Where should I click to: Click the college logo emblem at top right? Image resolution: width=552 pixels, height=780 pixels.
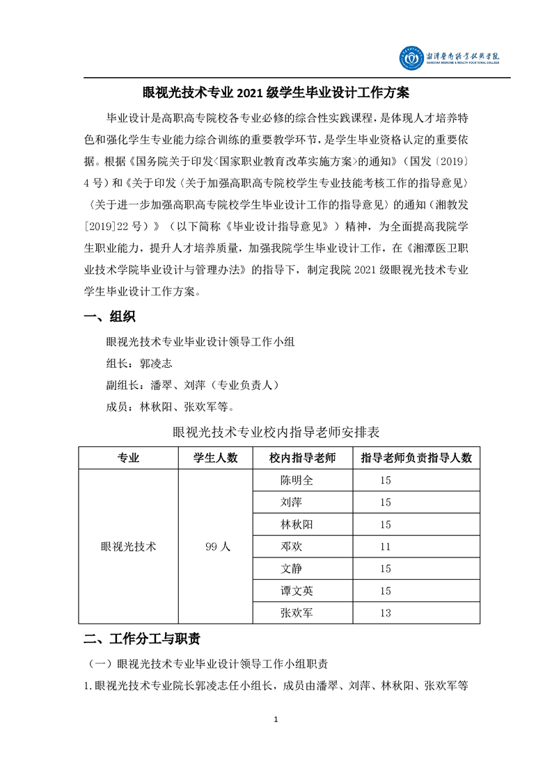411,58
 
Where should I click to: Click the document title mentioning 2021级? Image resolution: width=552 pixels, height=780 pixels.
276,92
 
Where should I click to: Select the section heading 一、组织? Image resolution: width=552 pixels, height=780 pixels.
109,317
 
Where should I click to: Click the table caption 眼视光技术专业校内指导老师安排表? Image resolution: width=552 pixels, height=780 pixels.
276,432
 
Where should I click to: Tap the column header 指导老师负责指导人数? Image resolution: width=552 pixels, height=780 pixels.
417,458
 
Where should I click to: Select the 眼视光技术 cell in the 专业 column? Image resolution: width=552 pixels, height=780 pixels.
129,546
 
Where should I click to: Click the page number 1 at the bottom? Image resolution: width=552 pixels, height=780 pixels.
276,719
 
